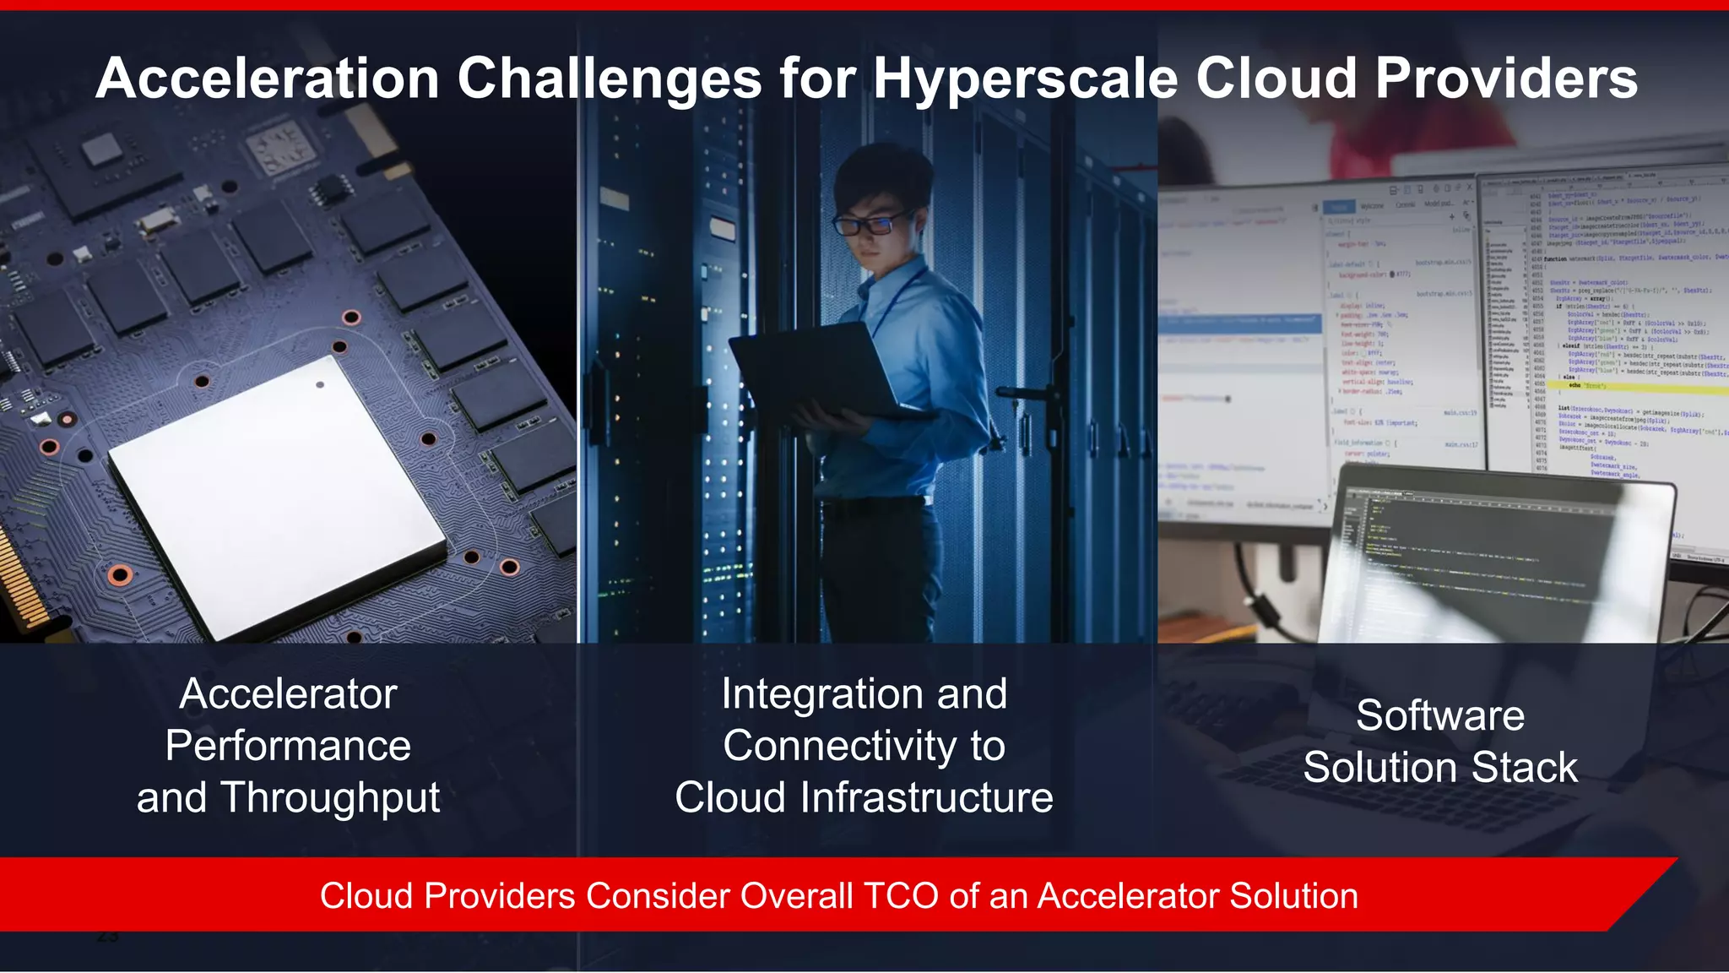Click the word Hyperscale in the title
(1025, 79)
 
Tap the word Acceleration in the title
(268, 79)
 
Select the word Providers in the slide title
(1506, 79)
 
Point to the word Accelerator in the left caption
(288, 694)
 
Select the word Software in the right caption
(1440, 716)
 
